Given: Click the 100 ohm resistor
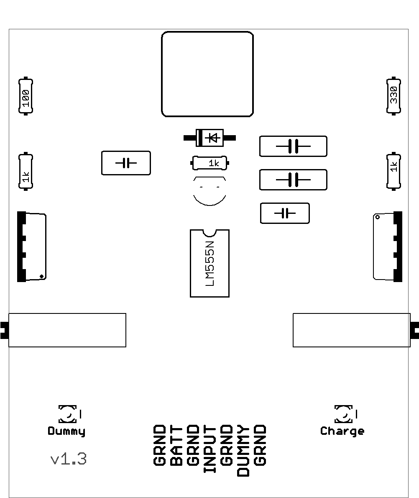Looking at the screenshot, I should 26,96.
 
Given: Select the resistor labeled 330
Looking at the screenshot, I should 393,96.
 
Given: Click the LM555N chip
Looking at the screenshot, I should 209,263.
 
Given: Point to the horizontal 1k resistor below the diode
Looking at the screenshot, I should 210,163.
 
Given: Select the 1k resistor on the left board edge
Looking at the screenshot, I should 26,172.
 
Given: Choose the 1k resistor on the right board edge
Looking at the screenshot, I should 393,171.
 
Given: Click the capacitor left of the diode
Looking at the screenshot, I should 126,163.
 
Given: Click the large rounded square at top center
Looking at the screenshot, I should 207,74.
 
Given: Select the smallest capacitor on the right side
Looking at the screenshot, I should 285,213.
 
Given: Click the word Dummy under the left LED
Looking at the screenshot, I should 66,431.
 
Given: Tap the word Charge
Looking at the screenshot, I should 342,431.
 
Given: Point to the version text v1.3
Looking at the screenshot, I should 69,459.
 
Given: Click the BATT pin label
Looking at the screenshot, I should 177,446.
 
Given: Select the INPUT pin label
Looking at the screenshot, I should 210,449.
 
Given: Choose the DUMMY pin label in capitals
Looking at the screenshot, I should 243,451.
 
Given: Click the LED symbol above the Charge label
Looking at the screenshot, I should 343,414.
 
